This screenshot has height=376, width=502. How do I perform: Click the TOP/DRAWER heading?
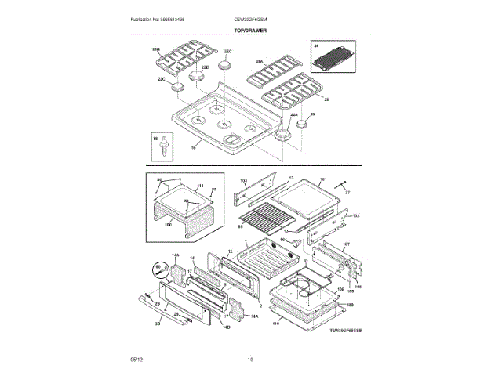[x=250, y=29]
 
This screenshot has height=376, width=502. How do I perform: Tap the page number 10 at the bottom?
[x=250, y=360]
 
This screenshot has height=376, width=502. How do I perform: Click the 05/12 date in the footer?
[x=136, y=360]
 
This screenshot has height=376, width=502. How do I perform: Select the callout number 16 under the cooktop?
[x=194, y=146]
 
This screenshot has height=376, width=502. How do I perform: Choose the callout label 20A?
[x=258, y=60]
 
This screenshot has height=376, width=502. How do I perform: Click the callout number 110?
[x=275, y=323]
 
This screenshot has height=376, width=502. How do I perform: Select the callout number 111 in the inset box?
[x=200, y=186]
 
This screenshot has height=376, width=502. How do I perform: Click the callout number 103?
[x=243, y=181]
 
